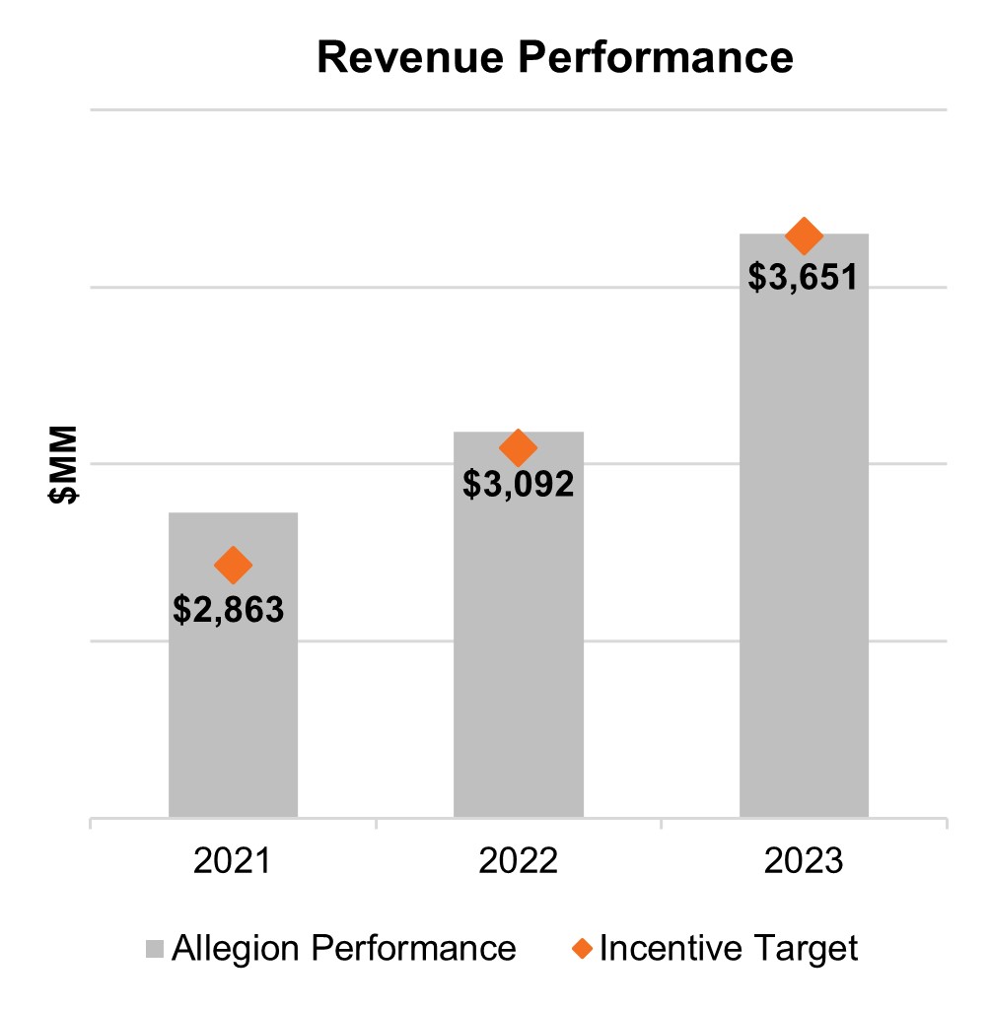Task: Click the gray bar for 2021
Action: [233, 709]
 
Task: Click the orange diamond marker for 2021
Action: [233, 565]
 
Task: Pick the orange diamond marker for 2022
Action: [518, 448]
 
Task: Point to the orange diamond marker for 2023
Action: [804, 235]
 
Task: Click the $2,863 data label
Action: [229, 610]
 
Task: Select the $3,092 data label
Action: [518, 485]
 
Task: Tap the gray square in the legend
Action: [155, 949]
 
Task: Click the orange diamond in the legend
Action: [583, 949]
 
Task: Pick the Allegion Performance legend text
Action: [343, 949]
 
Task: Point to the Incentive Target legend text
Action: [728, 949]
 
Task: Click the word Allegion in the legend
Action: [237, 949]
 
